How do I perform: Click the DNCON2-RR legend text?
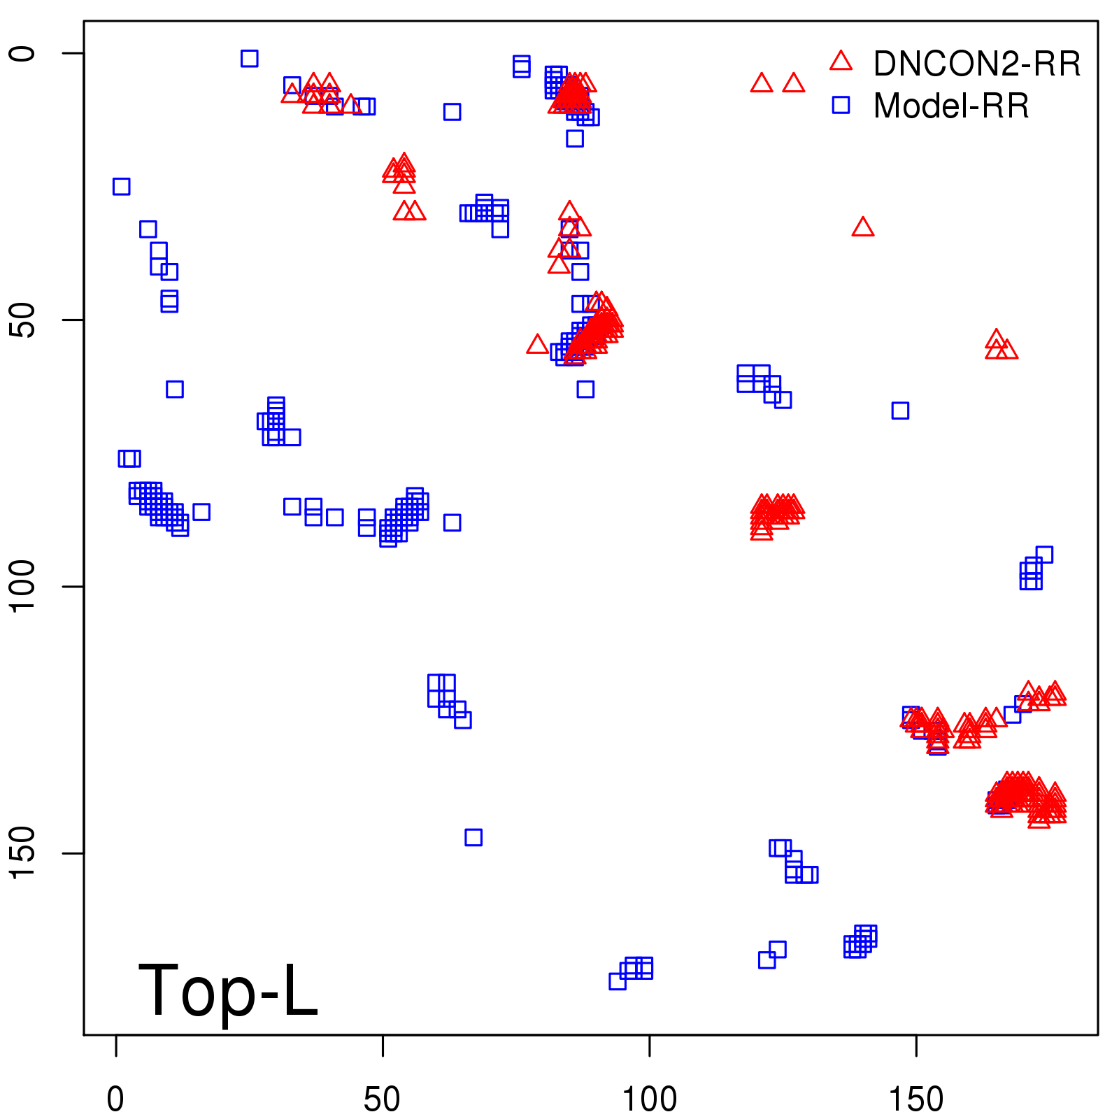(x=976, y=64)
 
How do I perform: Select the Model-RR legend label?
(x=951, y=106)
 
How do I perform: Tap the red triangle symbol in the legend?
(x=841, y=62)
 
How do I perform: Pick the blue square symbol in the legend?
(x=841, y=105)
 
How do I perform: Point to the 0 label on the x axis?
(x=116, y=1099)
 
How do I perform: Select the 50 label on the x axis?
(x=382, y=1099)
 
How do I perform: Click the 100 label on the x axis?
(x=649, y=1099)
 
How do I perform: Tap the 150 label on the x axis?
(x=915, y=1099)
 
